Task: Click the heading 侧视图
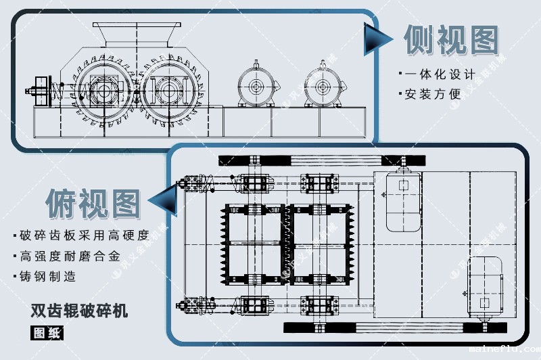452,40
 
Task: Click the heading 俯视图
93,201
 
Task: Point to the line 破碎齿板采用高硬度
84,235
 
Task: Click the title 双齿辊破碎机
79,312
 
